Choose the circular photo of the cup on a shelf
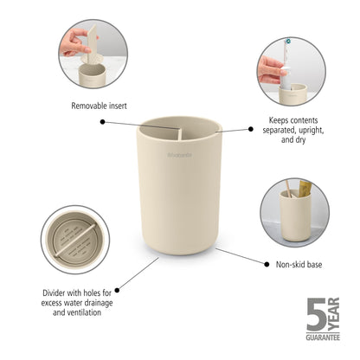pyautogui.click(x=293, y=212)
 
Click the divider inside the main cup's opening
pyautogui.click(x=180, y=132)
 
